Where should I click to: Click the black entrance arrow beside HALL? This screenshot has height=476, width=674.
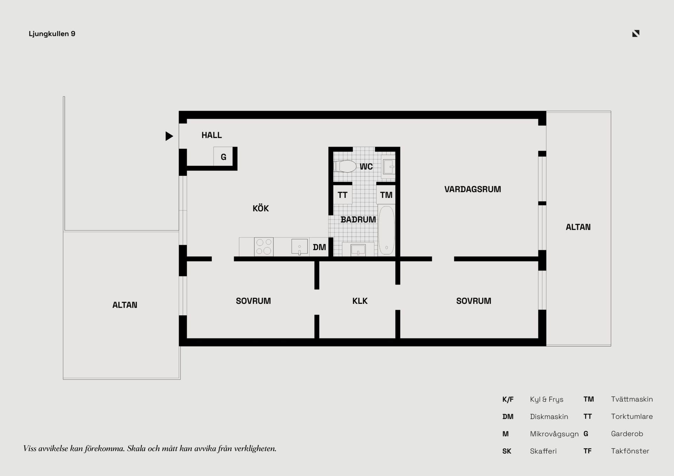point(169,136)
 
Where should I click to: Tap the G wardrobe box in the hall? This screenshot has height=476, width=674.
point(223,156)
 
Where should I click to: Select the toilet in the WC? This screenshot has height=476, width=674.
point(345,166)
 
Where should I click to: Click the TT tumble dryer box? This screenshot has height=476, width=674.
point(343,195)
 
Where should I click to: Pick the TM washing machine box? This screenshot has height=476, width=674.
point(386,195)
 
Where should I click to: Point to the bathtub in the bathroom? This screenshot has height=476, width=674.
point(386,230)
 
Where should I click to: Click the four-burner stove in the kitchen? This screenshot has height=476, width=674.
point(264,247)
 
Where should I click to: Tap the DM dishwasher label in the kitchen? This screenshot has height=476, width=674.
point(319,247)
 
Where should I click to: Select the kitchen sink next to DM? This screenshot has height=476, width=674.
point(299,247)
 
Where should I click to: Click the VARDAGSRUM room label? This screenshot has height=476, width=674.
point(473,189)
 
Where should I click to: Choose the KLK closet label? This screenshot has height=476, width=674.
point(360,301)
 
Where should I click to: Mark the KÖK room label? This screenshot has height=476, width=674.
point(260,208)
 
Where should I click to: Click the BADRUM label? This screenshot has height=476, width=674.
point(358,220)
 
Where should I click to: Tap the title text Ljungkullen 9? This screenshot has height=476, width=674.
point(52,34)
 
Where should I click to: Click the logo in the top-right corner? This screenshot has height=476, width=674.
point(636,33)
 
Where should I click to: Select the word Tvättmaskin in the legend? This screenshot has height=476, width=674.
point(632,399)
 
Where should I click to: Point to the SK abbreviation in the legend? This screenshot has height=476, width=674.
point(507,451)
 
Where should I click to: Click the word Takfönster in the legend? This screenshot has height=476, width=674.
point(630,451)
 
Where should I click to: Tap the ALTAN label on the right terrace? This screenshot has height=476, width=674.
point(578,227)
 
